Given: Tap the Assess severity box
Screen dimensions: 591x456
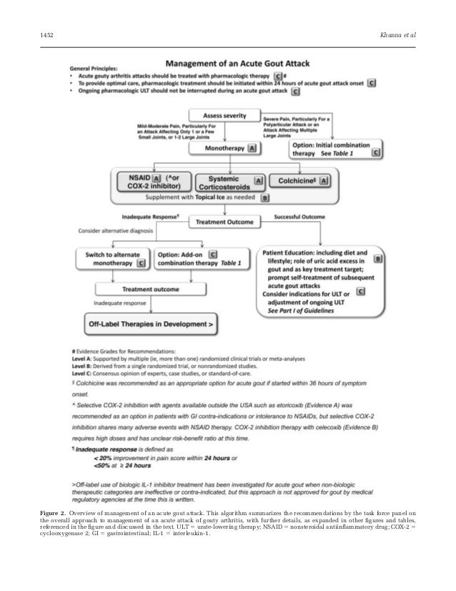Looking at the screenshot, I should click(224, 115).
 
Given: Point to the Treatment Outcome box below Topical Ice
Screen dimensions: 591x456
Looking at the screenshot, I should click(224, 223).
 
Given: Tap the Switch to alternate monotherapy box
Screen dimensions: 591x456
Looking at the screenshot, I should click(114, 258).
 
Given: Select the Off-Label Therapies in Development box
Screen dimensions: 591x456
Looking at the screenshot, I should click(151, 324).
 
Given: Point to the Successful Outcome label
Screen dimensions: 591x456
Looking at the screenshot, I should click(300, 215).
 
